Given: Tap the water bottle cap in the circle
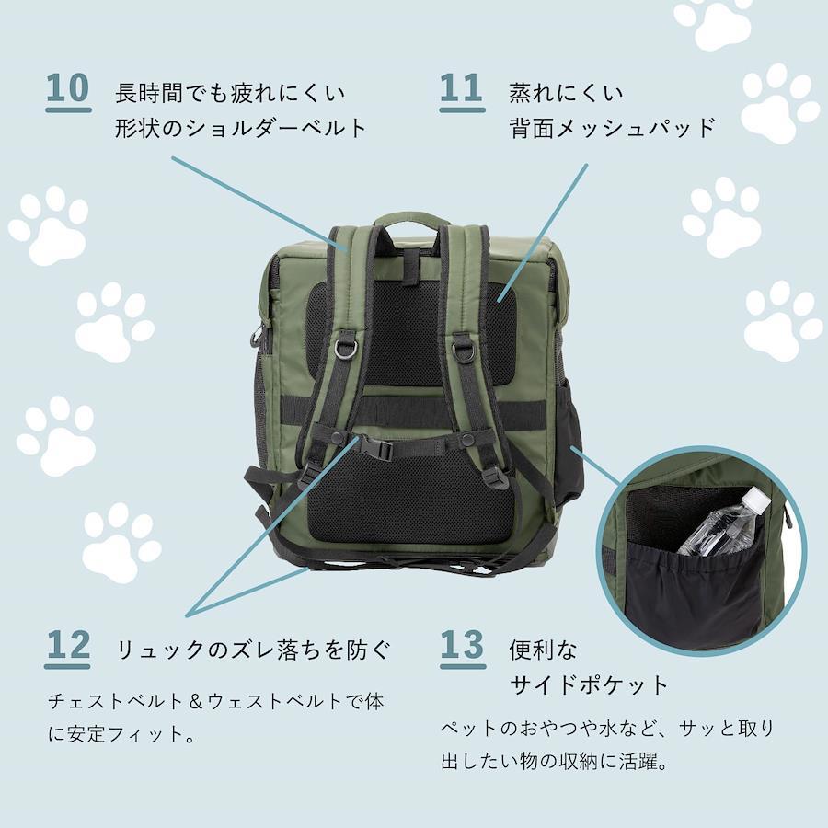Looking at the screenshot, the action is [756, 499].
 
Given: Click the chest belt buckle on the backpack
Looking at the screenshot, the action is [376, 448].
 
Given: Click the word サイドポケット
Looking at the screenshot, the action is [590, 684].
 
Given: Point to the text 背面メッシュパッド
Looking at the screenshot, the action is [612, 128].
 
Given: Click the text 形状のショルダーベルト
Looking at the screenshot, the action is [241, 128].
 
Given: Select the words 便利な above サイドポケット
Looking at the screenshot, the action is [544, 650].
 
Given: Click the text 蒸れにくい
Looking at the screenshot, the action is [566, 92].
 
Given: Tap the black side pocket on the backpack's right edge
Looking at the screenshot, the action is [569, 449].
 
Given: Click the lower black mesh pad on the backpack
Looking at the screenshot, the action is [412, 499].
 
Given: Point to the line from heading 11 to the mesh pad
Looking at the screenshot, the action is [542, 233].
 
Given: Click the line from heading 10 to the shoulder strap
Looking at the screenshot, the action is [259, 204].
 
